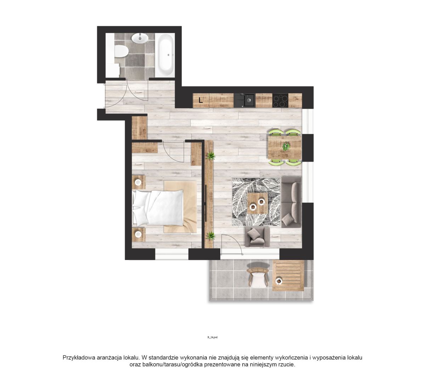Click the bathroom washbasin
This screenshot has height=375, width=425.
coord(140,39)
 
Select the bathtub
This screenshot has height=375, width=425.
coord(165,55)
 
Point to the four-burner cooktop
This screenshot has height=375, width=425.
coord(280,100)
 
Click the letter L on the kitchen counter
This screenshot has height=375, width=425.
coord(201,100)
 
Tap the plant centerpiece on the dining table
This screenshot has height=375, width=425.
coord(285,146)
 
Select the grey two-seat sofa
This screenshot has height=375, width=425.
coord(291,202)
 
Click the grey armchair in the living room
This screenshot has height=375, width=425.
coord(257,237)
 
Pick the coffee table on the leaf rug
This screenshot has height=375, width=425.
coord(257,203)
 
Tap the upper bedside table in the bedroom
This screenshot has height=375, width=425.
coord(139,182)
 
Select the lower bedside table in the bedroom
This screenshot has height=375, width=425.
coord(139,234)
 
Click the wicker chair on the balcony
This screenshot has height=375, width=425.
coord(258,277)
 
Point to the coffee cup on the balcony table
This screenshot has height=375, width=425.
coord(279,281)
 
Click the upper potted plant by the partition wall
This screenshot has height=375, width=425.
coord(210,156)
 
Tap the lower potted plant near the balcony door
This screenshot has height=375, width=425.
coord(210,236)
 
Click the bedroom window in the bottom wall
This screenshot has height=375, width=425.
coord(172,254)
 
